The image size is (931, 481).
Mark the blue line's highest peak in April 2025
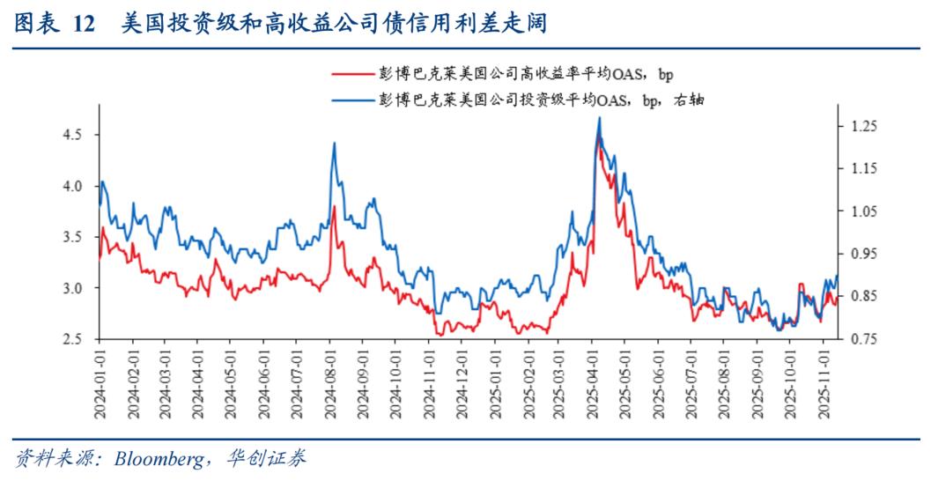pos(599,117)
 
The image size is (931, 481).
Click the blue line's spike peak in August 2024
pos(335,143)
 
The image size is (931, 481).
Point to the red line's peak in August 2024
pos(335,207)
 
